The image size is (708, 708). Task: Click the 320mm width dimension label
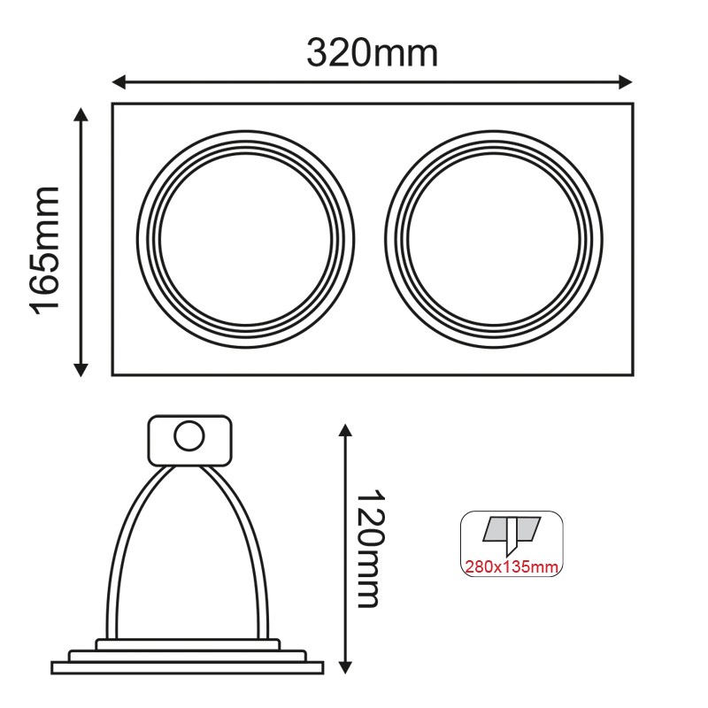click(373, 53)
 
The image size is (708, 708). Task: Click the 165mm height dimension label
click(43, 249)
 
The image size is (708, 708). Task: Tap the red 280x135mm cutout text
click(511, 567)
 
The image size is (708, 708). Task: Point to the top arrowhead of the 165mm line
click(81, 115)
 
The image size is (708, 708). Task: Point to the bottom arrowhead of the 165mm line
click(81, 369)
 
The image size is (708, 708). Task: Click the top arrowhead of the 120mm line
click(346, 431)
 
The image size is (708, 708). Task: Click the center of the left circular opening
click(245, 239)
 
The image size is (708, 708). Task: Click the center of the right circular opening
click(495, 239)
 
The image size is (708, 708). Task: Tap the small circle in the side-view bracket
click(189, 437)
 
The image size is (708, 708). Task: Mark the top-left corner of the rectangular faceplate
click(113, 104)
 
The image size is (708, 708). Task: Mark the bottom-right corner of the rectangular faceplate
click(632, 374)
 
